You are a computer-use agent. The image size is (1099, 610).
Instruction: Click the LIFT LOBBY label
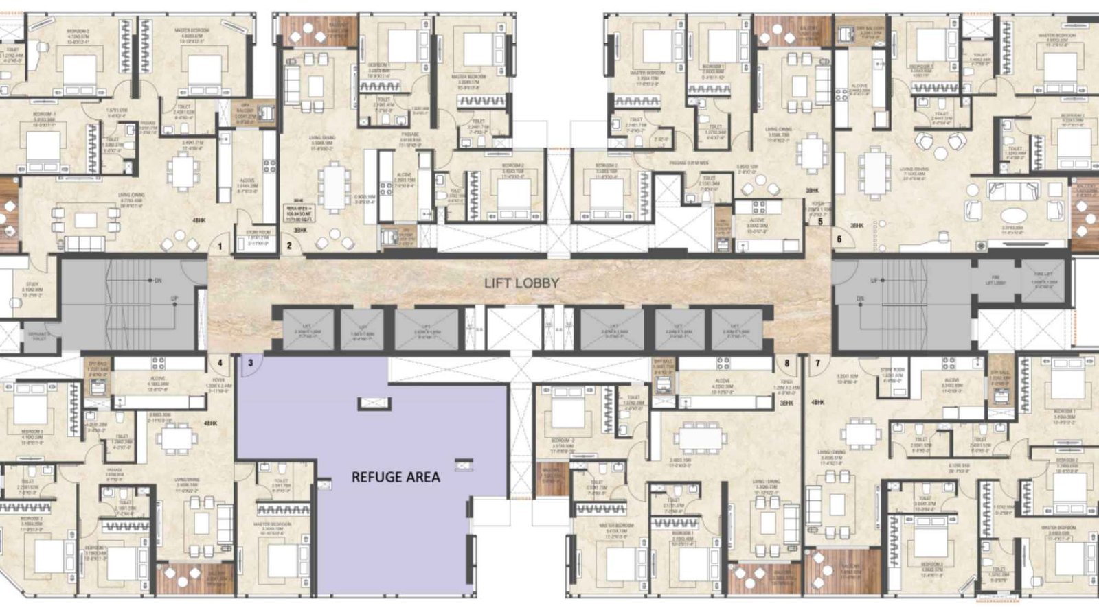521,283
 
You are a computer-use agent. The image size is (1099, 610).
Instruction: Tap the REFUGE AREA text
396,477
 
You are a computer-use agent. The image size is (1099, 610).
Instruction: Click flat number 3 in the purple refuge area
251,363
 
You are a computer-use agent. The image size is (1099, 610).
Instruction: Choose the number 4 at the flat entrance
220,363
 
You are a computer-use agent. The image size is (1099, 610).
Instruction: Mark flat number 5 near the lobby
820,222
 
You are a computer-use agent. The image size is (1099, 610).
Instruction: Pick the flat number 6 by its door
839,239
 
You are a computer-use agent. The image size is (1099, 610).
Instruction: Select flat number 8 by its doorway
786,363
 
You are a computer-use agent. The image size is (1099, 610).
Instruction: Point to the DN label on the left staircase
157,281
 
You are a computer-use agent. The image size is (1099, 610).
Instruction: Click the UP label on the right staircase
874,281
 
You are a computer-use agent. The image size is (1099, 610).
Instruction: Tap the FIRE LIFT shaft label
1044,277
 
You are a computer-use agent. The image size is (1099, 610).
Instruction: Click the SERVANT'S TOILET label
38,335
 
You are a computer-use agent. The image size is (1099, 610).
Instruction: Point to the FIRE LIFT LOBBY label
995,280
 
